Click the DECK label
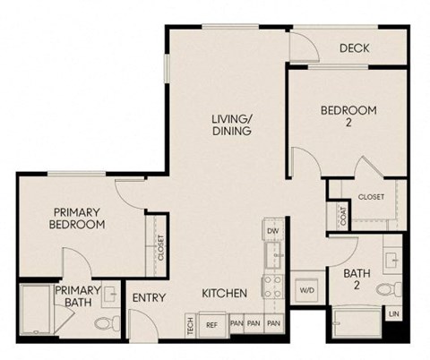(x=355, y=48)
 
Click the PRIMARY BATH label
(x=76, y=296)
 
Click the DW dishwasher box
(x=273, y=231)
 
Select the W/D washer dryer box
(x=305, y=290)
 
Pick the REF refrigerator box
(x=212, y=324)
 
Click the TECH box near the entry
(x=190, y=325)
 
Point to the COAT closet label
(x=342, y=217)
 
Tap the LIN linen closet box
(x=393, y=314)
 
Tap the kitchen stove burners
(x=271, y=288)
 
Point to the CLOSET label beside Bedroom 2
(x=370, y=196)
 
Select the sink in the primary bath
(x=111, y=294)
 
